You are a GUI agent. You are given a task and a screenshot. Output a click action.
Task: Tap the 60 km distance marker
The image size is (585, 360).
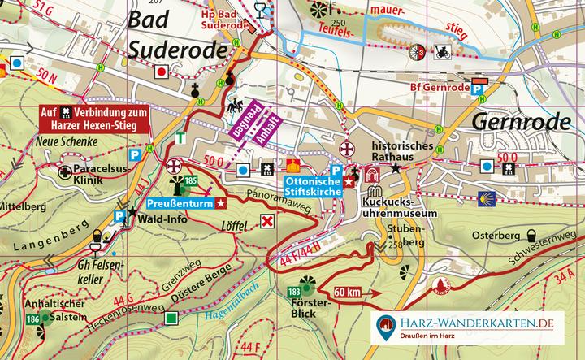pyautogui.click(x=346, y=292)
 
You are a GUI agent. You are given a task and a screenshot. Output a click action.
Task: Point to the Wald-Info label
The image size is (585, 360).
pyautogui.click(x=152, y=218)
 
